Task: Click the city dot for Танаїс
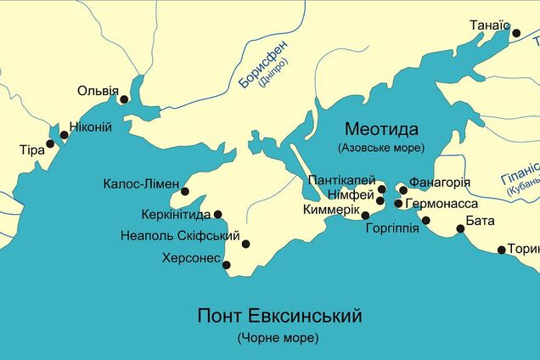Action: (x=515, y=33)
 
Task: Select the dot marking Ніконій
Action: (x=64, y=134)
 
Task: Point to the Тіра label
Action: (x=31, y=149)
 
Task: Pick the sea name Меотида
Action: (x=381, y=129)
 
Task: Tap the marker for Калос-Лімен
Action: (x=185, y=192)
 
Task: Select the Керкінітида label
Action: (x=177, y=215)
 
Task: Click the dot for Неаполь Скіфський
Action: (x=245, y=245)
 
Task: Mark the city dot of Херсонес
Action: (x=227, y=265)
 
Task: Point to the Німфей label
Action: (x=352, y=194)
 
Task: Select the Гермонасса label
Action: (x=442, y=205)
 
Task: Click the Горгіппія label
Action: (x=391, y=228)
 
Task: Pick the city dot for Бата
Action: (x=460, y=229)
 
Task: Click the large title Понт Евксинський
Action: (x=280, y=316)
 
